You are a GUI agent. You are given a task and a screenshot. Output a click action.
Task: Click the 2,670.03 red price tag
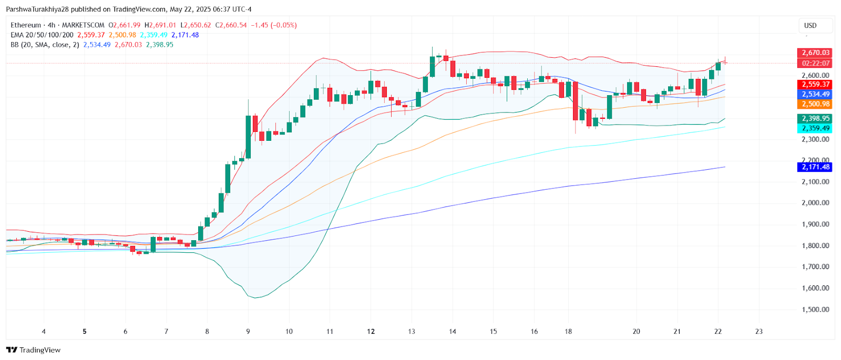pos(815,53)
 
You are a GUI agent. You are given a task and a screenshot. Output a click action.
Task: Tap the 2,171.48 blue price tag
pos(815,167)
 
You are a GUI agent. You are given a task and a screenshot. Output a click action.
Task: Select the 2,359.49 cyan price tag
pos(815,128)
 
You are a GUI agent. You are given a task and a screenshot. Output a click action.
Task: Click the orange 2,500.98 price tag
pos(815,104)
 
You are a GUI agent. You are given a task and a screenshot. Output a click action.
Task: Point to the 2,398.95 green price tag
pos(815,119)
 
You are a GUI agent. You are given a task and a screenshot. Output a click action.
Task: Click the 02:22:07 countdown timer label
pos(815,63)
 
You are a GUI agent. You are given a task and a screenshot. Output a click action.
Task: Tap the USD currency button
pos(811,25)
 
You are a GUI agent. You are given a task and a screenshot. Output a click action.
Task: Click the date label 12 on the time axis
pos(371,332)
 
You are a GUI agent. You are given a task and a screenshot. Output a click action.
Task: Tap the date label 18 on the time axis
pos(568,332)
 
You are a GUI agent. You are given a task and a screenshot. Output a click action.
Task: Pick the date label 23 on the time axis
pos(758,332)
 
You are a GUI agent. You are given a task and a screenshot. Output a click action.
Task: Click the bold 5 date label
pos(85,332)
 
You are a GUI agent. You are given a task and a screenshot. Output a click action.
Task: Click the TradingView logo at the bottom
pos(34,350)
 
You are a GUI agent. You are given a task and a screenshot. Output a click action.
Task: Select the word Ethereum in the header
pos(26,25)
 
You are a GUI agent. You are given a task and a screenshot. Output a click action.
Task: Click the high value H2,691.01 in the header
pos(160,25)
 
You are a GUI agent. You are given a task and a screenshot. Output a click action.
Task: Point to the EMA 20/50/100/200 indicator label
pos(42,35)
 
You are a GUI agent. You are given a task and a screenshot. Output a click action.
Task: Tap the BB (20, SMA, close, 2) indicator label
pos(45,45)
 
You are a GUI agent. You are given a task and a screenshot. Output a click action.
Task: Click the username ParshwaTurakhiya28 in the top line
pos(37,9)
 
